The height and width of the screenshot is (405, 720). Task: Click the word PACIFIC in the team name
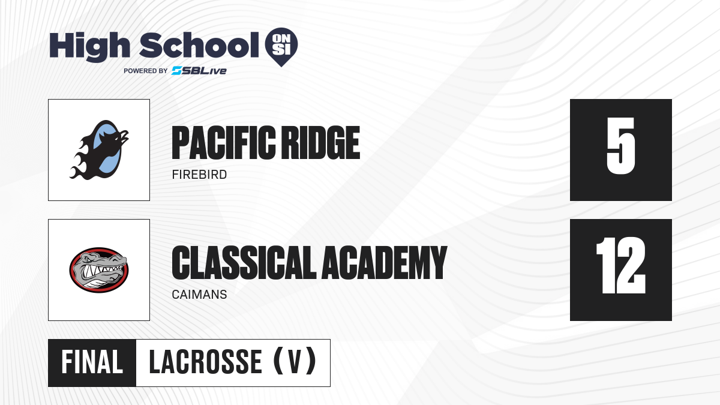tap(224, 143)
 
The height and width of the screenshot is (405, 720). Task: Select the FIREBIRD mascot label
tap(199, 175)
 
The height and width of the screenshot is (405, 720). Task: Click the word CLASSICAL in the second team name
tap(244, 263)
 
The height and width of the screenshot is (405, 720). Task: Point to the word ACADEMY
tap(385, 263)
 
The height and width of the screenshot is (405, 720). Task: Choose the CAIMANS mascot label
tap(199, 295)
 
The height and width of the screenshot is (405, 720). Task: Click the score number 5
tap(620, 146)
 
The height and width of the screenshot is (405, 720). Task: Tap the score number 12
tap(620, 265)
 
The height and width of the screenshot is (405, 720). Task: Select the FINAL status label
tap(92, 362)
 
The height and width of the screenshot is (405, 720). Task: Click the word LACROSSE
tap(206, 362)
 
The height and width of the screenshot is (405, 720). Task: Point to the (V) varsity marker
tap(295, 361)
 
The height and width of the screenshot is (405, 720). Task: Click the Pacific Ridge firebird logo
tap(99, 150)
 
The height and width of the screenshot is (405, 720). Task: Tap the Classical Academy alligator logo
tap(99, 270)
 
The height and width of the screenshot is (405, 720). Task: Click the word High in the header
tap(90, 47)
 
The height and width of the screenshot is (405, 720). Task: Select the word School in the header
tap(199, 46)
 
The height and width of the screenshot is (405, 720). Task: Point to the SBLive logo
tap(199, 71)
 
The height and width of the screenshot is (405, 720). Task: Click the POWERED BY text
tap(145, 71)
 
